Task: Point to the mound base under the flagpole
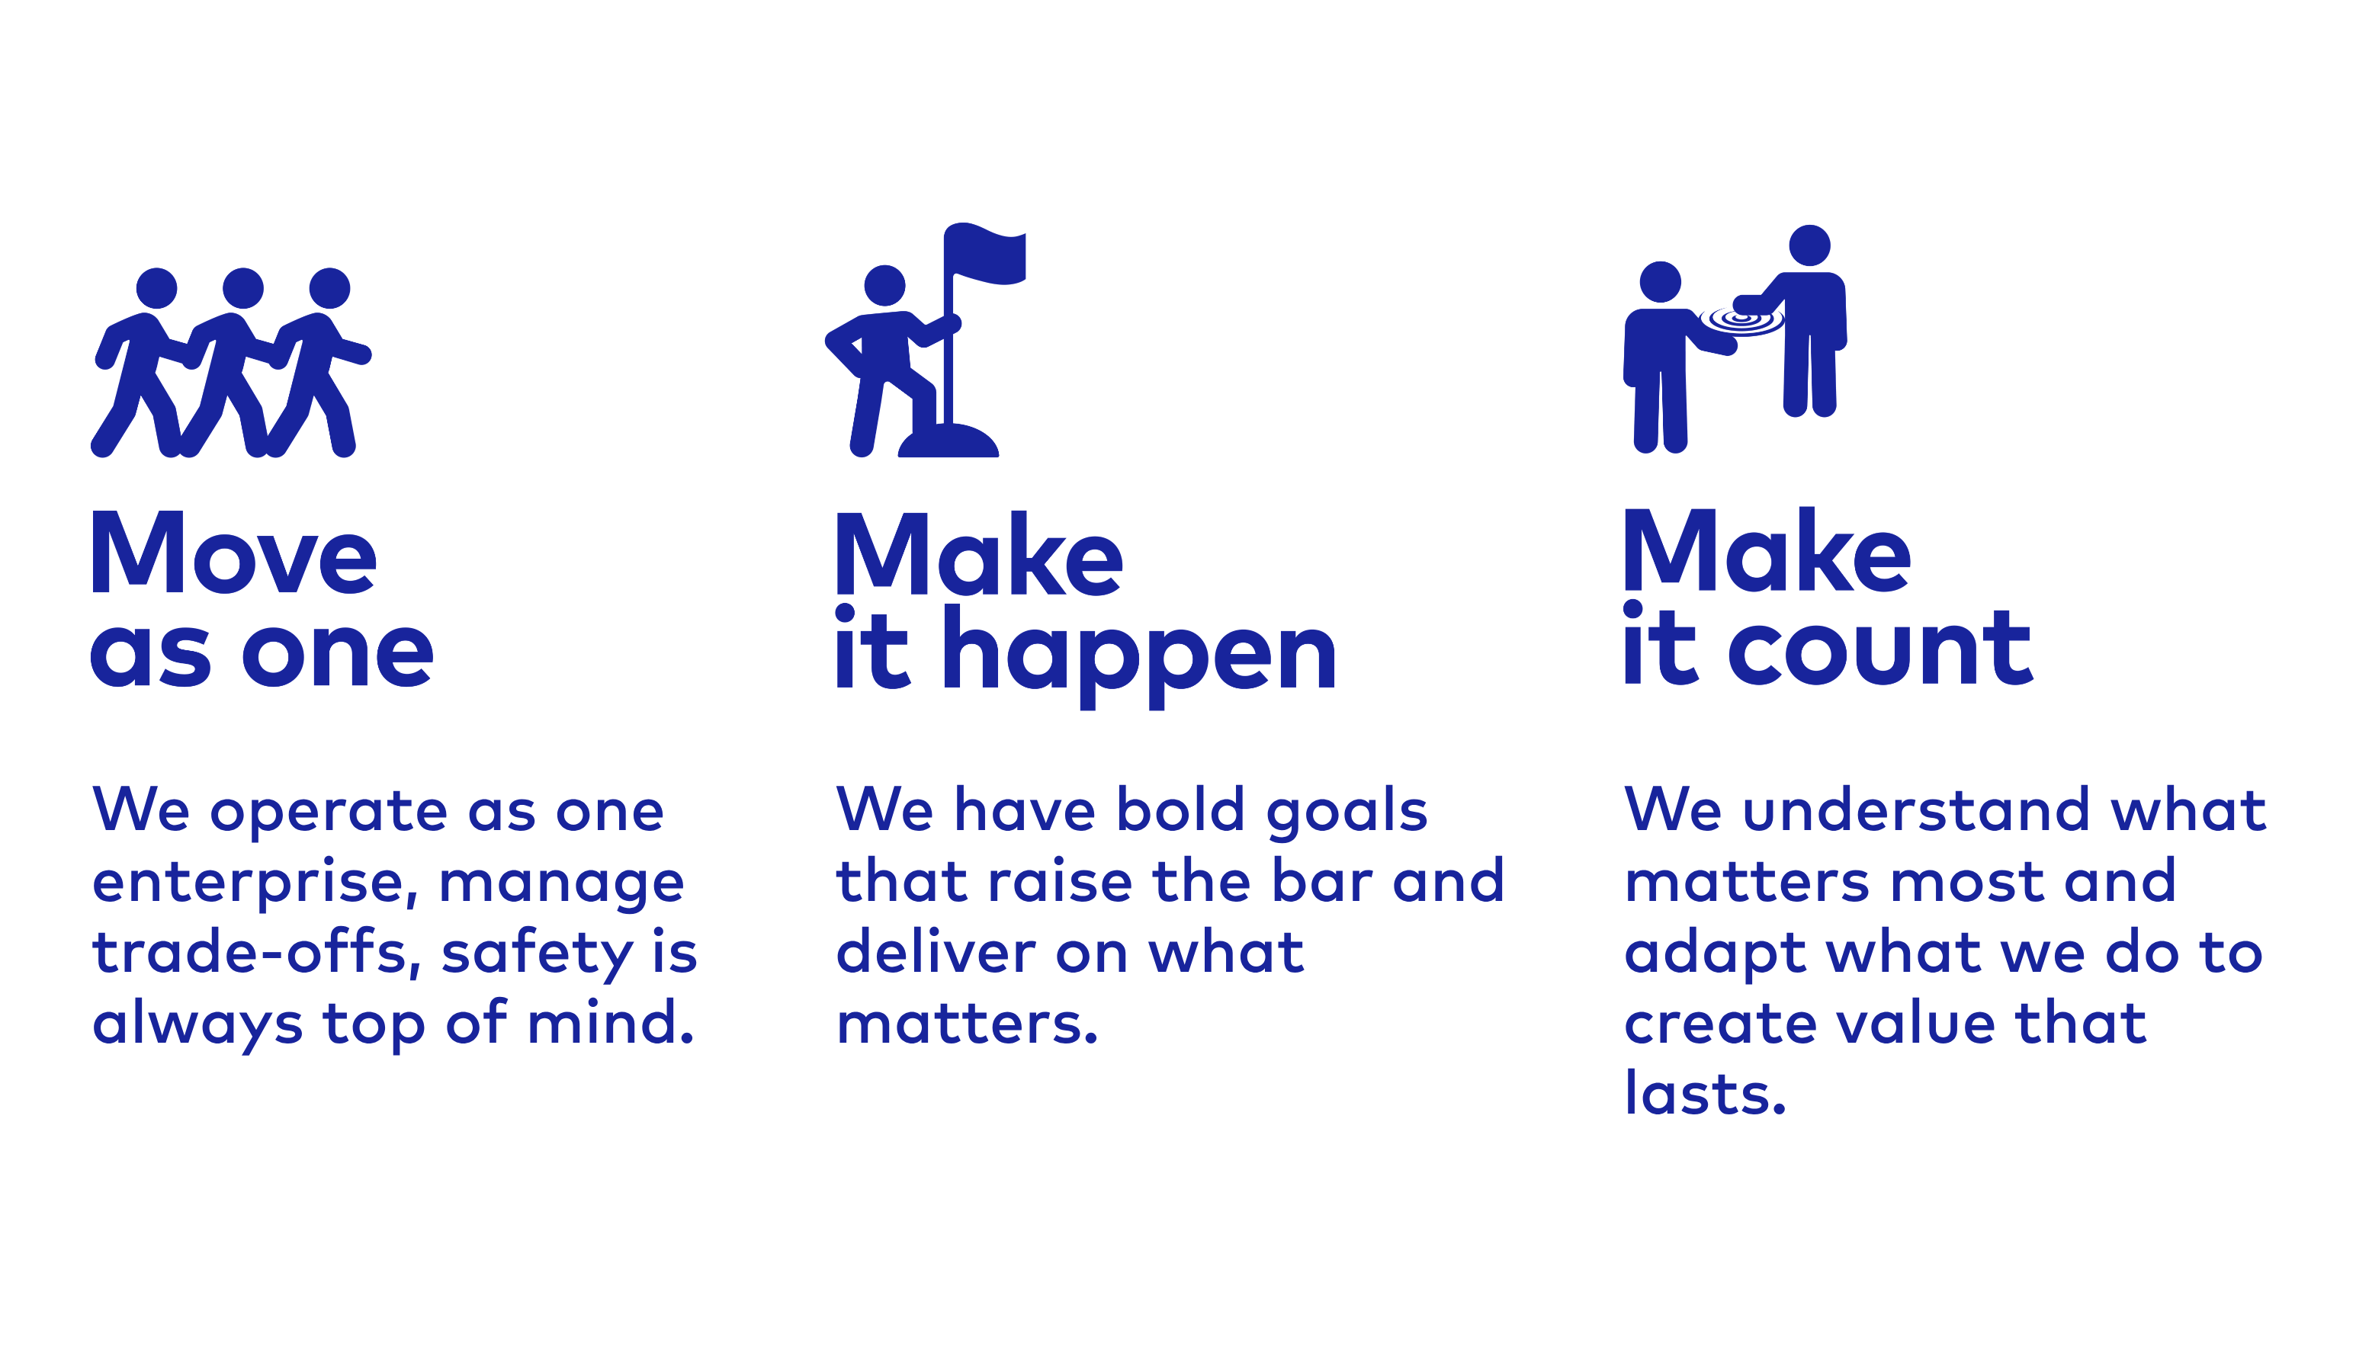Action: pyautogui.click(x=948, y=441)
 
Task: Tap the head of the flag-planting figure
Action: pyautogui.click(x=884, y=286)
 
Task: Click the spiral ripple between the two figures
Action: pyautogui.click(x=1741, y=321)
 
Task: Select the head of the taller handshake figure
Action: pyautogui.click(x=1809, y=245)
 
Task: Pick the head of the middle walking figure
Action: pyautogui.click(x=243, y=288)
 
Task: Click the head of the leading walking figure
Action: pyautogui.click(x=330, y=288)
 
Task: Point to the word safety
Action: pyautogui.click(x=537, y=955)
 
